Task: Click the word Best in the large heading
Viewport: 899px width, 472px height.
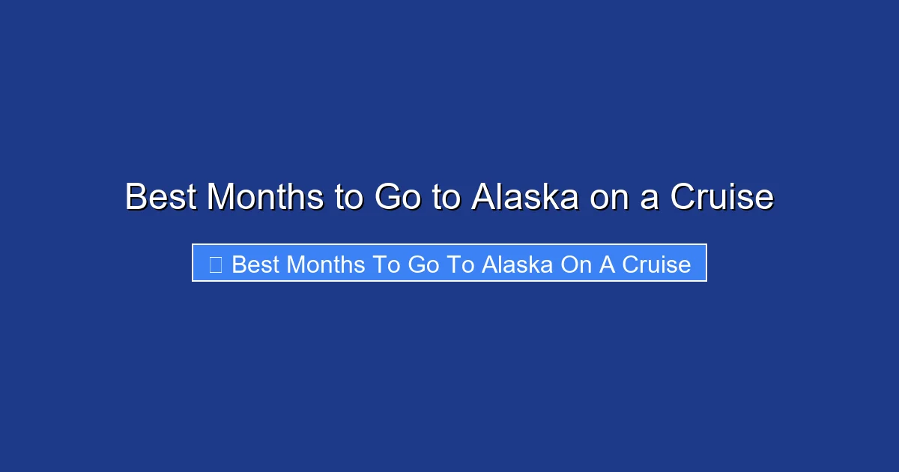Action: [161, 197]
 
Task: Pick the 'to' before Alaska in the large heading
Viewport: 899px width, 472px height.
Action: [447, 197]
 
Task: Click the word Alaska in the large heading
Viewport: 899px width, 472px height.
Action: [525, 197]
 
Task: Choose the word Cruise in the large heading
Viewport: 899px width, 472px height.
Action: [721, 197]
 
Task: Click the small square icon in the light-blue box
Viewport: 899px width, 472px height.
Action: [215, 264]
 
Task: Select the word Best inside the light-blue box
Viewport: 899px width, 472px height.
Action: [255, 264]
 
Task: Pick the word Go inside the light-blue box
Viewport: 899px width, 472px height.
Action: [425, 264]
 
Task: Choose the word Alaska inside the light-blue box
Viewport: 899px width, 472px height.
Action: [518, 264]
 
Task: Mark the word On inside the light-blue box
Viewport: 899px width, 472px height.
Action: [577, 264]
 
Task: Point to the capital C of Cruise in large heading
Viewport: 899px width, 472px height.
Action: [683, 197]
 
